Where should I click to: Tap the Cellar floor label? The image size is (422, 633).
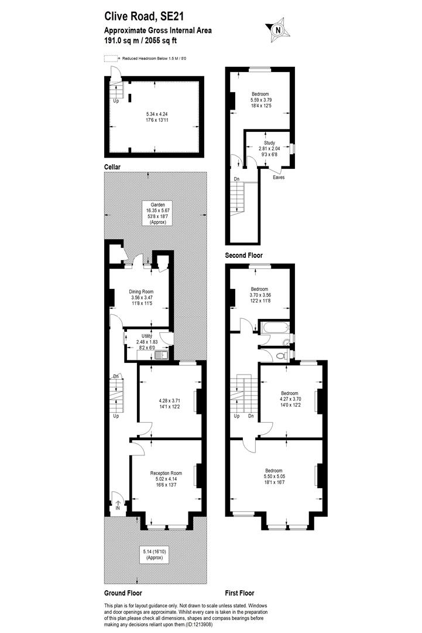point(112,167)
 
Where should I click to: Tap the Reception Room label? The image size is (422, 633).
point(166,473)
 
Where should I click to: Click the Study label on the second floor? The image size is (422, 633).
point(269,142)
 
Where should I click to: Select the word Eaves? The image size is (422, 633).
point(279,177)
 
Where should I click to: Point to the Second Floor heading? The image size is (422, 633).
point(244,256)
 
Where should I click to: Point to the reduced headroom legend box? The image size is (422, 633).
point(110,59)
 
